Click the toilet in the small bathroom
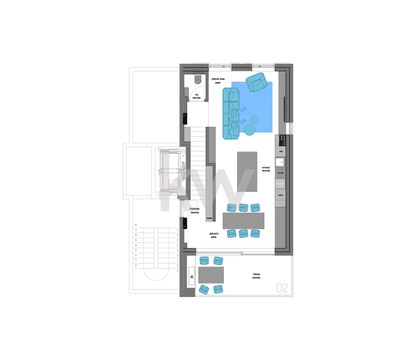[x=198, y=80]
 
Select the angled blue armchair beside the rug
[x=256, y=82]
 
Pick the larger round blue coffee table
[x=250, y=130]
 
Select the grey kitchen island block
[x=247, y=171]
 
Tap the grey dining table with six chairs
[x=243, y=221]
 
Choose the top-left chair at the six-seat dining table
[x=231, y=208]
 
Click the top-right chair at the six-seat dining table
[x=255, y=208]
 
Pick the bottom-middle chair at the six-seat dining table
[x=243, y=234]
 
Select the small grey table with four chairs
[x=212, y=274]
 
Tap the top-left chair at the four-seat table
[x=203, y=260]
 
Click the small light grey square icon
[x=283, y=287]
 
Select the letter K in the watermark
[x=174, y=183]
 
